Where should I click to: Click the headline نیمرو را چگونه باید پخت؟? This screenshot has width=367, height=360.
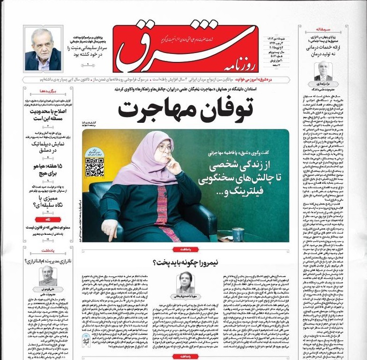point(186,262)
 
